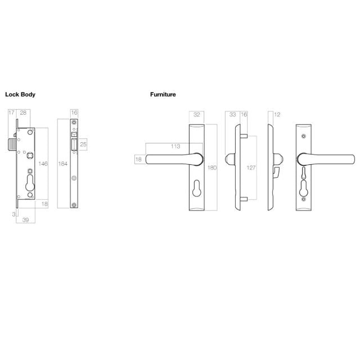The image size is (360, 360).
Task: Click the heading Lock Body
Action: click(x=20, y=94)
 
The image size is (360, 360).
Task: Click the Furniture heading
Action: click(x=163, y=94)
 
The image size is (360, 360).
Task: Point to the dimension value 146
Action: click(x=43, y=164)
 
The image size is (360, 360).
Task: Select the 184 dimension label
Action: click(x=62, y=164)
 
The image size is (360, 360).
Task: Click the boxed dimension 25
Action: click(x=83, y=145)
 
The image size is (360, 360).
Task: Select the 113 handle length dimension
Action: click(x=175, y=146)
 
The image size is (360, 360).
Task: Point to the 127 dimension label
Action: click(x=251, y=167)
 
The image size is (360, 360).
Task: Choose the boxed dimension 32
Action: click(x=196, y=114)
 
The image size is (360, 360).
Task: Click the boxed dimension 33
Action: click(x=232, y=114)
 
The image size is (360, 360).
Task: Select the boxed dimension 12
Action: click(x=276, y=114)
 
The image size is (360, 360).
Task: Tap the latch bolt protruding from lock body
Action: click(x=13, y=145)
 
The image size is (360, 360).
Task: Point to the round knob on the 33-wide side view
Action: click(x=228, y=159)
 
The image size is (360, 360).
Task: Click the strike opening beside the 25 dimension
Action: click(x=74, y=145)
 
